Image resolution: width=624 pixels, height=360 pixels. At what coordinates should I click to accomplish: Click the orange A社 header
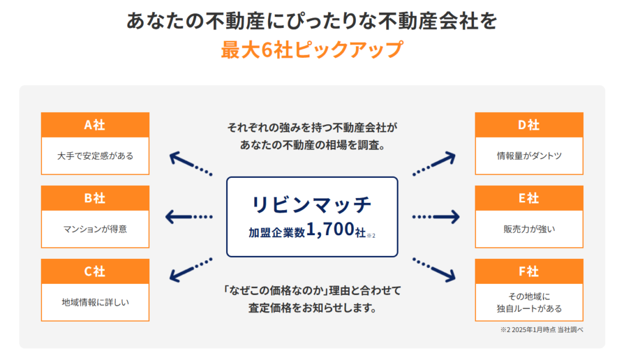[x=94, y=125]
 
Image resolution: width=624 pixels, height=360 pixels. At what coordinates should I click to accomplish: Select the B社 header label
[x=94, y=199]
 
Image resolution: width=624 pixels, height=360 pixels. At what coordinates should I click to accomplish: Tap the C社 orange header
[x=94, y=272]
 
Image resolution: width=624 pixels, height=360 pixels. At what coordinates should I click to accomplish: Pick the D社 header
[x=528, y=125]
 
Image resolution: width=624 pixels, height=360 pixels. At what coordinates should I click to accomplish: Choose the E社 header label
[x=528, y=199]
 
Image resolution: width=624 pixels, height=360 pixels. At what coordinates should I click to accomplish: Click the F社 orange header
[x=528, y=272]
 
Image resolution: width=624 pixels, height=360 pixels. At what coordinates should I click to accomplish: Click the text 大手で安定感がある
[x=94, y=156]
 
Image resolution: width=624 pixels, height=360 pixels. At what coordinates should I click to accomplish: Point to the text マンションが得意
[x=94, y=229]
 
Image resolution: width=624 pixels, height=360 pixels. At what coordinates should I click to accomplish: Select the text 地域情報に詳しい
[x=94, y=302]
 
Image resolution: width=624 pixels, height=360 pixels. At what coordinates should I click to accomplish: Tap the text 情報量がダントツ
[x=528, y=156]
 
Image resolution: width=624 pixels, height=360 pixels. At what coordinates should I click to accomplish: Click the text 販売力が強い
[x=528, y=229]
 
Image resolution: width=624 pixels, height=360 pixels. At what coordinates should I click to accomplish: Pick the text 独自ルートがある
[x=528, y=309]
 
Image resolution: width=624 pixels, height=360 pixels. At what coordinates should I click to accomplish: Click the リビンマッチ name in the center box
[x=311, y=205]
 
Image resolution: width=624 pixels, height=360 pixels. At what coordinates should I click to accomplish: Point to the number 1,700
[x=330, y=230]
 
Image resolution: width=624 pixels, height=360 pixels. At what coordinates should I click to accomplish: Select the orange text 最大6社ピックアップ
[x=311, y=49]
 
